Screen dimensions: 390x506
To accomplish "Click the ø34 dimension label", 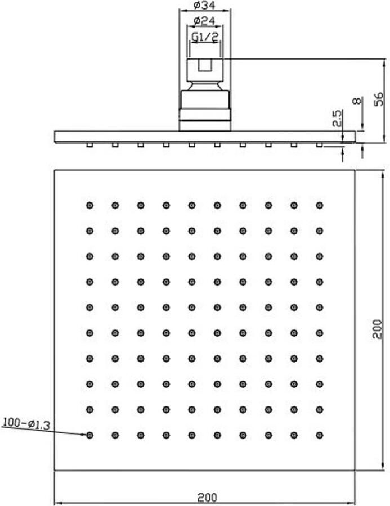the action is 204,5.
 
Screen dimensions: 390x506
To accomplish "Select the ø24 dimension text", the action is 204,21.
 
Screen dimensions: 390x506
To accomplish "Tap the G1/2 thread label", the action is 205,37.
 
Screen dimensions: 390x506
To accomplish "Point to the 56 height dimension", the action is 378,99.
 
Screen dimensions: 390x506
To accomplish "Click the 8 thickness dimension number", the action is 357,101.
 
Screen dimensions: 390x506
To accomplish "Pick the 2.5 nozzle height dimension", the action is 337,118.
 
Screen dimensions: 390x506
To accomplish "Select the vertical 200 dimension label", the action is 377,329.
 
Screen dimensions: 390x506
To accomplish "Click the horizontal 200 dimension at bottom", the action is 207,498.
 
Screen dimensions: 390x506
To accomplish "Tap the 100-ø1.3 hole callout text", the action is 26,423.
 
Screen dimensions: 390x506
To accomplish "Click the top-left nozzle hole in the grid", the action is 89,205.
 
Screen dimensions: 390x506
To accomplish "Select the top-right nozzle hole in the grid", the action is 320,205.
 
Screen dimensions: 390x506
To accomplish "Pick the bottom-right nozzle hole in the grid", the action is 320,435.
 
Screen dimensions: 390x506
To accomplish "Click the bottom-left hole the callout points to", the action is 89,435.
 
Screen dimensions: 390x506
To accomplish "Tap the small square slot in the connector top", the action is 204,65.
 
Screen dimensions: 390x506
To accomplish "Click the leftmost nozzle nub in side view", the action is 89,145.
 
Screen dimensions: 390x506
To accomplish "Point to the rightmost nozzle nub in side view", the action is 320,145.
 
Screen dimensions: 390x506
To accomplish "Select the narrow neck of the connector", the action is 205,86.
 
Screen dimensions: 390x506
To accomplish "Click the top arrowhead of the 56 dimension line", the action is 384,62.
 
